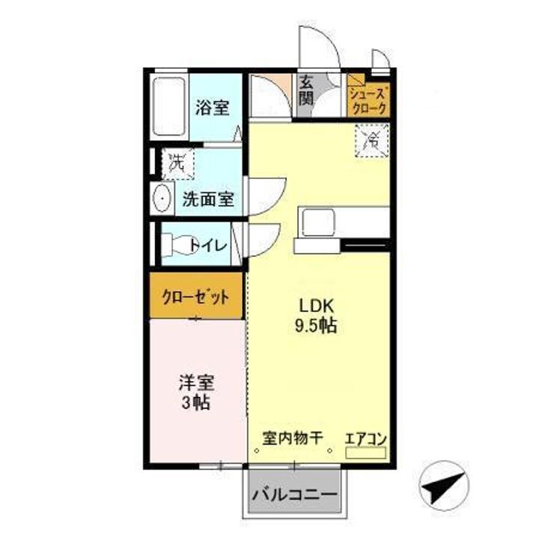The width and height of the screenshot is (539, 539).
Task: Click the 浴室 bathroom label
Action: click(212, 108)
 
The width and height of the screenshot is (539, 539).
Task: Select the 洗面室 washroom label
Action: click(209, 200)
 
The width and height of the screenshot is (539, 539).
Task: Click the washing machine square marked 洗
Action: click(178, 162)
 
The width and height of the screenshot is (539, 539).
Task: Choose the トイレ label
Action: click(210, 244)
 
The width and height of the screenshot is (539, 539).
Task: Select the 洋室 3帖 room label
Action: click(196, 392)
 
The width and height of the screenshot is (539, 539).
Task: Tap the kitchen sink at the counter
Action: click(319, 221)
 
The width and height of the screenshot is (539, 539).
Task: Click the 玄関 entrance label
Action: click(306, 90)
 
